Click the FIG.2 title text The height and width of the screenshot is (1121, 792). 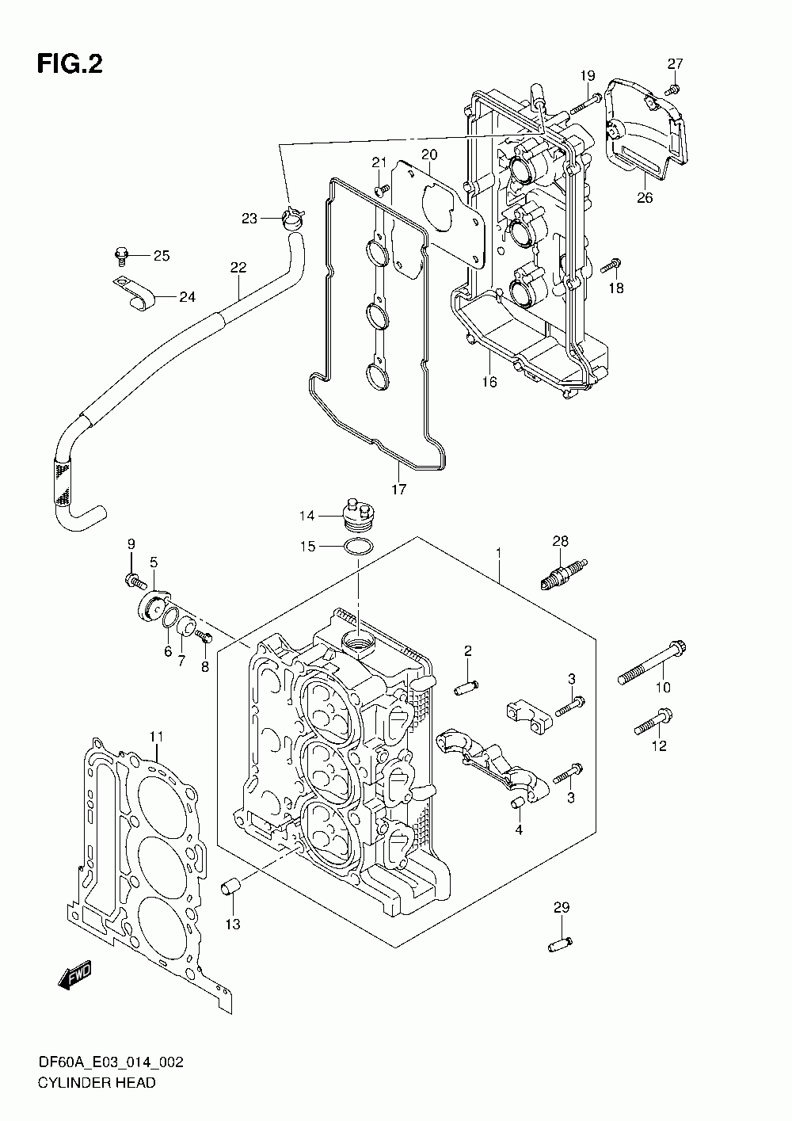70,64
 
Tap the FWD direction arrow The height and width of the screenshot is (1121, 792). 75,974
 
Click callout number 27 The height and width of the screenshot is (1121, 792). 675,63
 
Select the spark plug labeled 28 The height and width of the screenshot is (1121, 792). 564,574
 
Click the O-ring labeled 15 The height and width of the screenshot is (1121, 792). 359,546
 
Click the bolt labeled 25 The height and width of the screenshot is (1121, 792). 121,255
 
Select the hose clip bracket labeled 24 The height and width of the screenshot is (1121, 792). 135,294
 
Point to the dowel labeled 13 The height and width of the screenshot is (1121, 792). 230,888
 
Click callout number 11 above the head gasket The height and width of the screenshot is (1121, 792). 157,737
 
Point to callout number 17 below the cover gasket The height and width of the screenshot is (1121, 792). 398,489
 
